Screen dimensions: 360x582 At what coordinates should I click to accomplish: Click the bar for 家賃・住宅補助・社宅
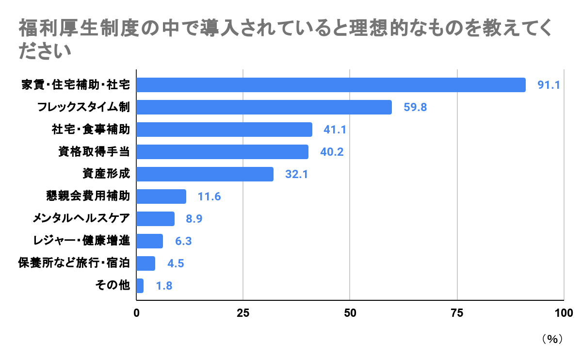[331, 85]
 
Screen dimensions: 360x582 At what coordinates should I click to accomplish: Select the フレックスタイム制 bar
[264, 107]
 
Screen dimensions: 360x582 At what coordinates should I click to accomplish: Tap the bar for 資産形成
[205, 174]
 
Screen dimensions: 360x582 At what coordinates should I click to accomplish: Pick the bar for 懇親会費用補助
[161, 196]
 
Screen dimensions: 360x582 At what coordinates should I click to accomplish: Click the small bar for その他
[140, 286]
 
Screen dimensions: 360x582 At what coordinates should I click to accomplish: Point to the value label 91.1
[549, 85]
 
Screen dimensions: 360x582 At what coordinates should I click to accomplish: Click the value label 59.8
[415, 108]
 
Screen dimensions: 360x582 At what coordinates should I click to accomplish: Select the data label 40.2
[332, 152]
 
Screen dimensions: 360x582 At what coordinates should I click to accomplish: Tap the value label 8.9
[194, 219]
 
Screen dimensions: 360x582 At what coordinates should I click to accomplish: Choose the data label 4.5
[176, 263]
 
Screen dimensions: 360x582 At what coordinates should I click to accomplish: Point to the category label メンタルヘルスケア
[81, 219]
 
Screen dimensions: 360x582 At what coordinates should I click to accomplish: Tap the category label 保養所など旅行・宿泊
[74, 263]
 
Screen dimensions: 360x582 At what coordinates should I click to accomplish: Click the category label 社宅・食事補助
[91, 130]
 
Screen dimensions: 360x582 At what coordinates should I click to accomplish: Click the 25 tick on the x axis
[243, 313]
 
